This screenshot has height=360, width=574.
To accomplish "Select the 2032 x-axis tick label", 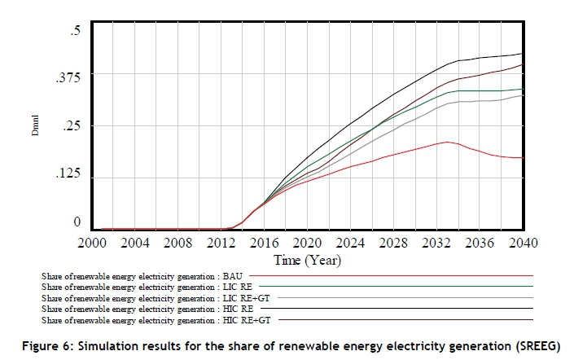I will [x=436, y=243].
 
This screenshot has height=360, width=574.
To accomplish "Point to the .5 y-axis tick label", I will [x=76, y=30].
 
